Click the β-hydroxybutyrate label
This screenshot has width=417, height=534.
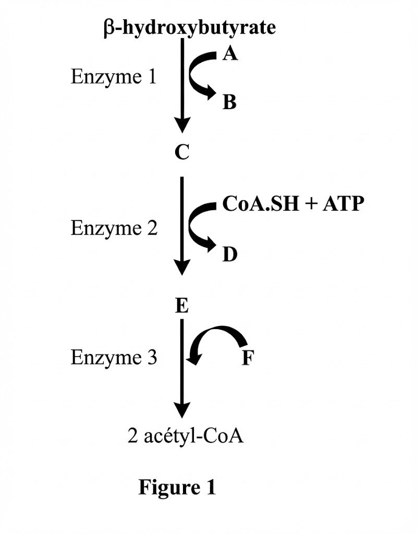[190, 28]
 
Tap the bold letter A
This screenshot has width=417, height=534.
[230, 53]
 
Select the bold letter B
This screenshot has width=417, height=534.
[229, 102]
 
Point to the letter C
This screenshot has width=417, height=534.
[181, 153]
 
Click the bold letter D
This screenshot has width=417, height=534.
[229, 255]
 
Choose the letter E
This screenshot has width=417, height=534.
[181, 307]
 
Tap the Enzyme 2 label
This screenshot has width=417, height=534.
[114, 228]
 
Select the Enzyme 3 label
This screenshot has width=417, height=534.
[113, 358]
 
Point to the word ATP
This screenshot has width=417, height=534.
[341, 204]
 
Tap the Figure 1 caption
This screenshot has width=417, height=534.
[177, 487]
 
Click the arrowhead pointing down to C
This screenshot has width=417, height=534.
[181, 126]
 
